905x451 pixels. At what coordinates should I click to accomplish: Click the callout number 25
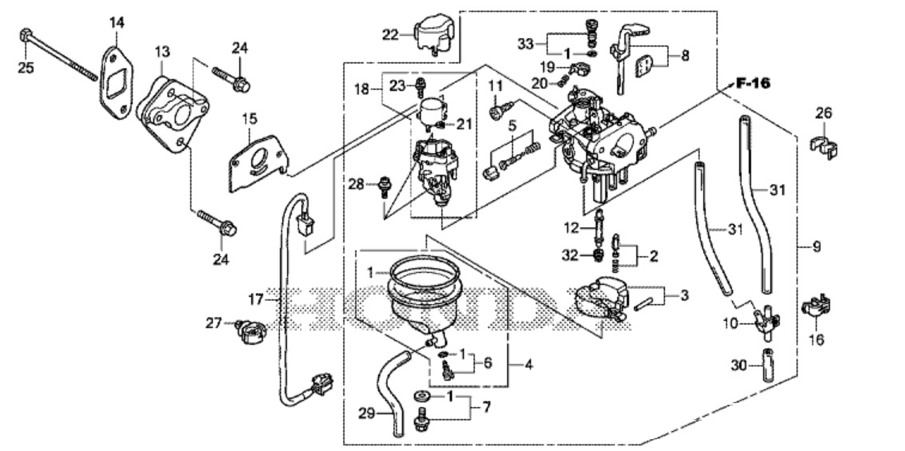click(x=26, y=68)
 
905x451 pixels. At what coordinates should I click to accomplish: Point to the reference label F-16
click(x=753, y=83)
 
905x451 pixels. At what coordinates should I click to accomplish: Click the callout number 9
click(x=816, y=247)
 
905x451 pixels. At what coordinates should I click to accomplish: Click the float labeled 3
click(x=599, y=297)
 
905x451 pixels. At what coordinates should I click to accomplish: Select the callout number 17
click(x=255, y=299)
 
